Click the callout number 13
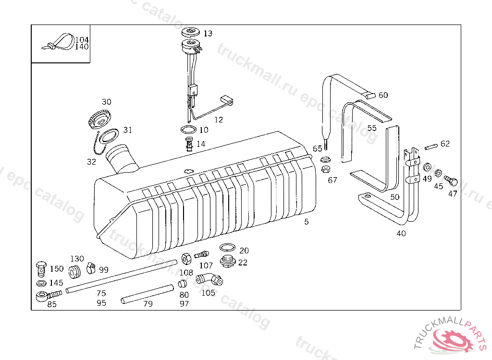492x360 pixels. pos(208,34)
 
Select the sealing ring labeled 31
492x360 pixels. pos(109,136)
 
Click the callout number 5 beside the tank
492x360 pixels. pos(307,222)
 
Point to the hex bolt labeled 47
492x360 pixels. pos(451,181)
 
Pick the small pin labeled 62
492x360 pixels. pos(431,145)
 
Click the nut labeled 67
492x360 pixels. pos(325,169)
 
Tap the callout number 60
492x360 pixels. pos(383,95)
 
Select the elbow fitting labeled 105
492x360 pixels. pos(208,279)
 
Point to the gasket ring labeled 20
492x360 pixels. pos(227,248)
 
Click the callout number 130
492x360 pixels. pos(77,259)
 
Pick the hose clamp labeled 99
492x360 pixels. pos(91,267)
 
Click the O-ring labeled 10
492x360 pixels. pos(188,130)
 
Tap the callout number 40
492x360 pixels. pos(401,234)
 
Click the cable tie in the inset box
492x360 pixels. pos(60,42)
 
